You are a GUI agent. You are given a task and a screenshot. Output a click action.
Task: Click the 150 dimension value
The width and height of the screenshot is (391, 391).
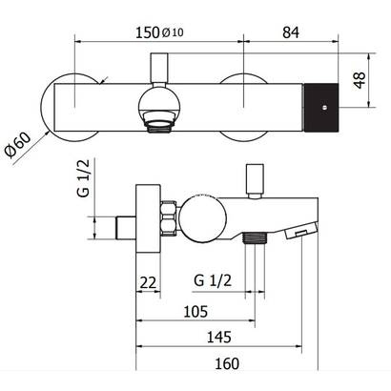(147, 32)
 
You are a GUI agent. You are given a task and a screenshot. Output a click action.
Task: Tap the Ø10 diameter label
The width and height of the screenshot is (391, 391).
(173, 32)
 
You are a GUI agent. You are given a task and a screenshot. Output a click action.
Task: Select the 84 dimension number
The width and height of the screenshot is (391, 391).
(291, 32)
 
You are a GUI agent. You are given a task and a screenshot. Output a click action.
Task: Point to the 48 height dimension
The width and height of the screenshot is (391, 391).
(360, 80)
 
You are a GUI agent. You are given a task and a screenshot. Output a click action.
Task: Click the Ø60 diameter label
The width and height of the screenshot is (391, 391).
(18, 145)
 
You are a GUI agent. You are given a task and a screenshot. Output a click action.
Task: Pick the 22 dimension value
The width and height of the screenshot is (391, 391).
(148, 282)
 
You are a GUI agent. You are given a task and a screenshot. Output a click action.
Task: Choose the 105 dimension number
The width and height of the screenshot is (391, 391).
(195, 312)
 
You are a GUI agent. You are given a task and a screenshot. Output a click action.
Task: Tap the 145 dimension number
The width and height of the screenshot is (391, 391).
(219, 337)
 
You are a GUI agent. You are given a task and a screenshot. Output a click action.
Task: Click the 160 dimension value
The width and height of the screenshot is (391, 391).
(227, 363)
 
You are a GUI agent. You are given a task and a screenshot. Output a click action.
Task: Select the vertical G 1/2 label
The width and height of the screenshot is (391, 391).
(84, 178)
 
